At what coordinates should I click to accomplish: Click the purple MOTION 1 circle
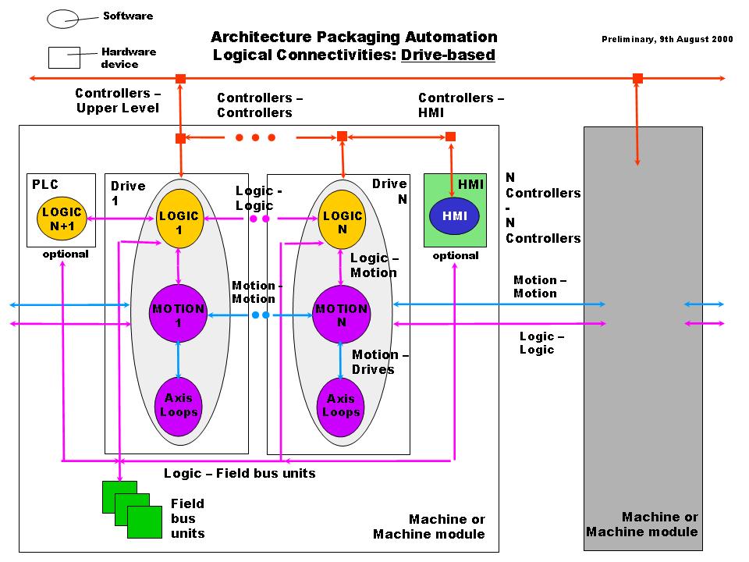coord(179,315)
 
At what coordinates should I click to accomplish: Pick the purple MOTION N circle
coord(341,315)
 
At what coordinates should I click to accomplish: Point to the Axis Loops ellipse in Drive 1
coord(179,405)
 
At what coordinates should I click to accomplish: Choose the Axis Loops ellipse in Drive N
coord(341,405)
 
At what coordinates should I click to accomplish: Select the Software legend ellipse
coord(62,18)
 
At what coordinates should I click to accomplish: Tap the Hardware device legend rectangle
coord(64,58)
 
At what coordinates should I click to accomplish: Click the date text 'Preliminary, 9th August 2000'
coord(667,39)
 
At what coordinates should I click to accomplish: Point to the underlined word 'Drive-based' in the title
coord(448,55)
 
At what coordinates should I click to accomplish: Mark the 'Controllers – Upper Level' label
coord(118,101)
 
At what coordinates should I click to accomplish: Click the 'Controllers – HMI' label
coord(461,105)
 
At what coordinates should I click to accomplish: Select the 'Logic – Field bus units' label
coord(240,473)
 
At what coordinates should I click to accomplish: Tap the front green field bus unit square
coord(144,522)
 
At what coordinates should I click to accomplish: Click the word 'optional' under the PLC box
coord(66,254)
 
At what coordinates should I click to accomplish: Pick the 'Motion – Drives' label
coord(381,362)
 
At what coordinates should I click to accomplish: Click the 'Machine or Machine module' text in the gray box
coord(642,524)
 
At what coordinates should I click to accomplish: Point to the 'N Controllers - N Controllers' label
coord(543,208)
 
